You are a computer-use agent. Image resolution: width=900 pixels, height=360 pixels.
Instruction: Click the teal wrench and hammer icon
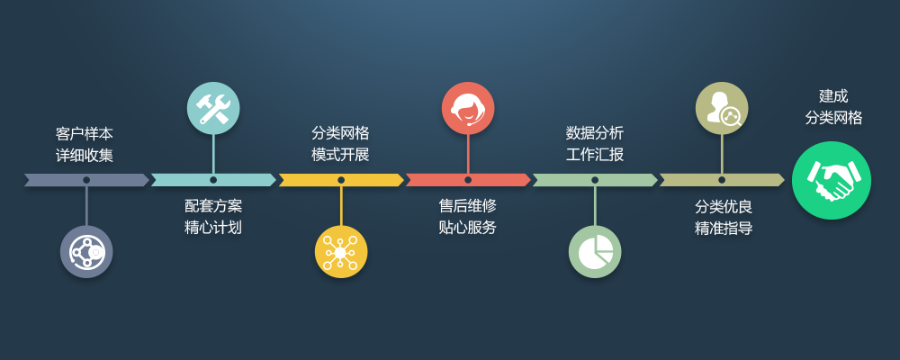[x=213, y=108]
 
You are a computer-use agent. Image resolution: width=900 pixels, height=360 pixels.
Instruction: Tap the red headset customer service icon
[x=468, y=108]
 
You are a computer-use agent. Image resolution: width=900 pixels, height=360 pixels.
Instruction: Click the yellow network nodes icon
[x=341, y=252]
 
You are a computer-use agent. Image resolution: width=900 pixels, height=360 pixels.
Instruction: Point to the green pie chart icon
[x=595, y=252]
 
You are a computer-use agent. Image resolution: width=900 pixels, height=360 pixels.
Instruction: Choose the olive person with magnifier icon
[x=722, y=108]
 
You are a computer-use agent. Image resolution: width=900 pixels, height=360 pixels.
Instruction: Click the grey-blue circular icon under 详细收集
[x=86, y=252]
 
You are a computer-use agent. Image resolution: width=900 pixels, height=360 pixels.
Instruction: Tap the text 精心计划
[x=213, y=227]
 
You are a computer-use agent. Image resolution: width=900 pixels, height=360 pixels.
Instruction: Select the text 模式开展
[x=340, y=154]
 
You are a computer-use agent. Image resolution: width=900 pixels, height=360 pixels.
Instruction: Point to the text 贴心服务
[x=468, y=227]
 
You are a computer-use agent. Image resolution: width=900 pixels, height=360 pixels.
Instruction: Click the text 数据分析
[x=595, y=133]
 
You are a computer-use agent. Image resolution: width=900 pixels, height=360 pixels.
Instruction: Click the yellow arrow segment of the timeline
[x=369, y=180]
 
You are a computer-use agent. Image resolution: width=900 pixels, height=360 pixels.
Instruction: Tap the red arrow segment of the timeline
[x=495, y=180]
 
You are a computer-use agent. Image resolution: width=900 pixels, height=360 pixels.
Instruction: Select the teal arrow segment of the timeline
[x=243, y=180]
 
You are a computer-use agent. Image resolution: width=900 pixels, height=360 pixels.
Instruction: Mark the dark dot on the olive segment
[x=722, y=180]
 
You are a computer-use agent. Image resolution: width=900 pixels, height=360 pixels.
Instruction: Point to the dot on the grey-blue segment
[x=86, y=180]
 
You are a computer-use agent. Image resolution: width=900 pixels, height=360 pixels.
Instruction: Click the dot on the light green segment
[x=595, y=180]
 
